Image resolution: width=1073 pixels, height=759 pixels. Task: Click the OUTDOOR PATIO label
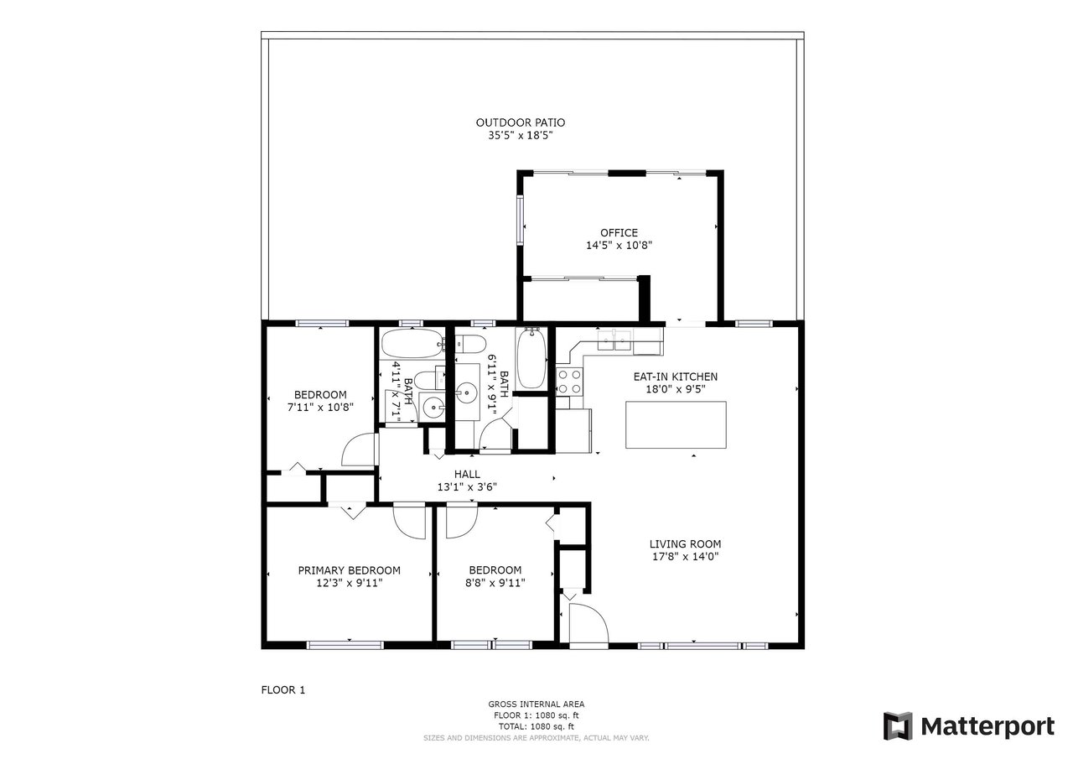pyautogui.click(x=521, y=122)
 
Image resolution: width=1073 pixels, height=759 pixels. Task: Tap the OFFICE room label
pyautogui.click(x=619, y=233)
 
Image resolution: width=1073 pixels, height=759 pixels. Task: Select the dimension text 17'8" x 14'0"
pyautogui.click(x=685, y=556)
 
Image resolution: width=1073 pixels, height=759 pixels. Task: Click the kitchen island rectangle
pyautogui.click(x=676, y=425)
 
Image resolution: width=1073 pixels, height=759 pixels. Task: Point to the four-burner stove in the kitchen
pyautogui.click(x=569, y=382)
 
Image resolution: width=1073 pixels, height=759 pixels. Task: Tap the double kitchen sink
pyautogui.click(x=614, y=341)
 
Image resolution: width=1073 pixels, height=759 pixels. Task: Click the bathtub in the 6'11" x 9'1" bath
pyautogui.click(x=531, y=358)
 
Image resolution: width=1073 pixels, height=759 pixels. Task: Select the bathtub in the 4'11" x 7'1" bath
pyautogui.click(x=412, y=343)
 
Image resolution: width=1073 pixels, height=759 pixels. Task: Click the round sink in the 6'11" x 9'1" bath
pyautogui.click(x=466, y=392)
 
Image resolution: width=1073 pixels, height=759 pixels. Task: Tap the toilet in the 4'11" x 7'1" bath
pyautogui.click(x=429, y=381)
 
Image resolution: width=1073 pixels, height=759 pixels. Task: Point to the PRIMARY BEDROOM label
pyautogui.click(x=350, y=570)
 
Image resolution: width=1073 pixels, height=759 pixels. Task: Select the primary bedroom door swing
pyautogui.click(x=409, y=522)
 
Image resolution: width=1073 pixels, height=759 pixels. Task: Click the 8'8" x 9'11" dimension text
pyautogui.click(x=495, y=583)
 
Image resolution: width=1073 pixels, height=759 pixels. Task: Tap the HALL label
pyautogui.click(x=467, y=475)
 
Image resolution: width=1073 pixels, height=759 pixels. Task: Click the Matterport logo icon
pyautogui.click(x=897, y=726)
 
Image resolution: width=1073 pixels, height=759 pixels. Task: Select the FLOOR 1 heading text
pyautogui.click(x=283, y=690)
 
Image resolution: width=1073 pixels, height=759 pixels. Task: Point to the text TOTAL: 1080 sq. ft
pyautogui.click(x=536, y=726)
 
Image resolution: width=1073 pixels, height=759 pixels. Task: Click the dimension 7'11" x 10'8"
pyautogui.click(x=320, y=408)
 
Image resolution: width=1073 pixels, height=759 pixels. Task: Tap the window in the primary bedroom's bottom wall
pyautogui.click(x=345, y=646)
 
